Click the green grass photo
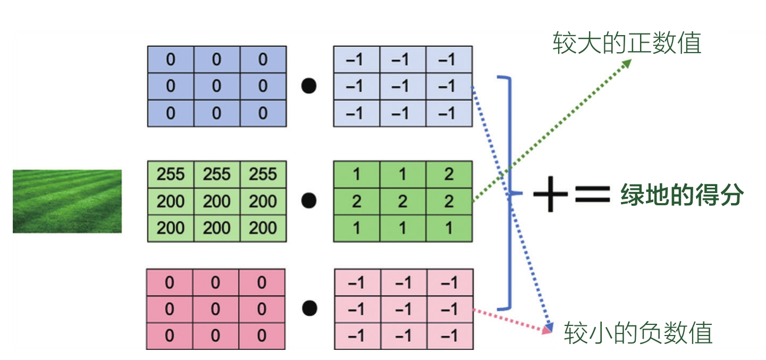67,201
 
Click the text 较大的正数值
627,43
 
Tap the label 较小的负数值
638,333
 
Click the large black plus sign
550,194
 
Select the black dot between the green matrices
309,201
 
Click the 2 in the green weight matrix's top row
449,174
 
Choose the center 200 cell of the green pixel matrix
217,202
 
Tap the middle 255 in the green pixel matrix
217,174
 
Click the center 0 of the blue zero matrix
217,86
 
